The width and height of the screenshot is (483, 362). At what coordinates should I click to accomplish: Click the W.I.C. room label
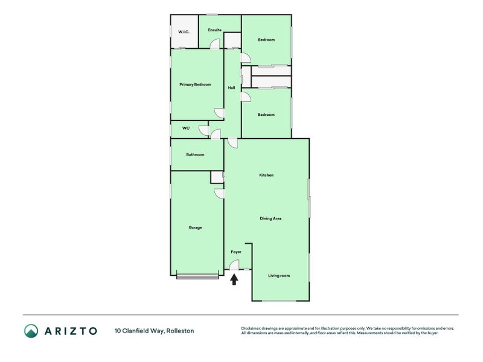[x=184, y=32]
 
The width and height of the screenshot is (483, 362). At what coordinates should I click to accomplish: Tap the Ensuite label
[x=215, y=30]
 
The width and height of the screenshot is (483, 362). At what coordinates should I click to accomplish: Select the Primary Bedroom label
[x=195, y=84]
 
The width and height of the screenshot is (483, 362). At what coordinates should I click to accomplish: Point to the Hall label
[x=231, y=87]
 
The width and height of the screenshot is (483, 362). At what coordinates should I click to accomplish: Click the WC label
[x=186, y=128]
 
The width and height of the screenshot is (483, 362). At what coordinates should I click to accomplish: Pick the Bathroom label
[x=195, y=154]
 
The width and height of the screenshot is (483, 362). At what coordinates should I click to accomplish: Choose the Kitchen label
[x=266, y=175]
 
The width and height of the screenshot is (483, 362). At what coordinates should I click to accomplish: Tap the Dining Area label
[x=270, y=218]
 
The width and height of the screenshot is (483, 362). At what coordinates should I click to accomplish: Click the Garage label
[x=195, y=227]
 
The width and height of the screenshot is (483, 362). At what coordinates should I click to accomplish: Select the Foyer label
[x=236, y=252]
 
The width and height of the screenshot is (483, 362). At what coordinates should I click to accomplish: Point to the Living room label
[x=279, y=276]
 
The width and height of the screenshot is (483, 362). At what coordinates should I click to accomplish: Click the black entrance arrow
[x=234, y=279]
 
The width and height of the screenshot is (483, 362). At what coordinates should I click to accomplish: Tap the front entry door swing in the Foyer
[x=234, y=265]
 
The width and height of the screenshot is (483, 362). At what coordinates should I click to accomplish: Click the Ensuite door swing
[x=215, y=43]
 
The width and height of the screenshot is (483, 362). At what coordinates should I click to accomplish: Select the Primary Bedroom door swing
[x=219, y=113]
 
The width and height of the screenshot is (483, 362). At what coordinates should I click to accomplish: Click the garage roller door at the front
[x=197, y=276]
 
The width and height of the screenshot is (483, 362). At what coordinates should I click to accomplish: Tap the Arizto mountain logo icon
[x=31, y=331]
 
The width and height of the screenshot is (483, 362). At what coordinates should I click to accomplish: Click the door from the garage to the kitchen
[x=219, y=194]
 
